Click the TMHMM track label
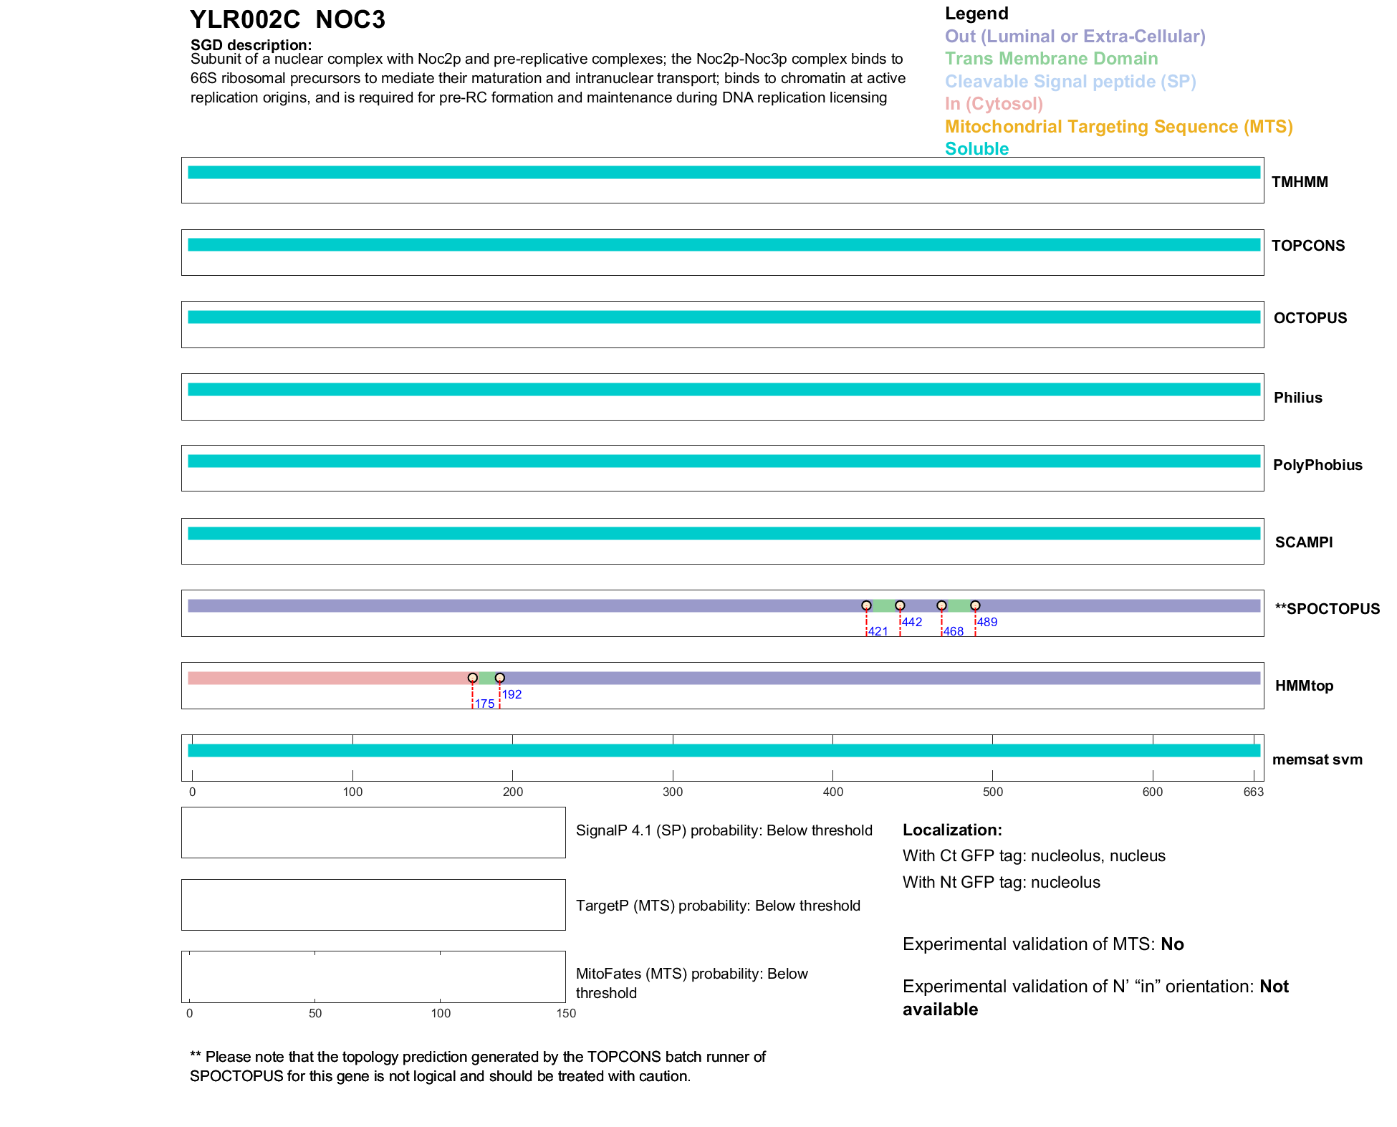[1299, 182]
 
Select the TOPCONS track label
[1307, 246]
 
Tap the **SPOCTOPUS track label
[1327, 609]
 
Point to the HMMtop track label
[1304, 686]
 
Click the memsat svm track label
[1317, 759]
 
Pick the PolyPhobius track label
[1317, 465]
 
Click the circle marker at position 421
[866, 605]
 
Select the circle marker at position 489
[975, 605]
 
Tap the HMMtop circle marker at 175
[472, 678]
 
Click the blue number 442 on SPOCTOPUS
[911, 622]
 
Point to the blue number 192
[512, 694]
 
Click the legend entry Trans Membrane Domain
[1051, 59]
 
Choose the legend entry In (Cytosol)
[994, 104]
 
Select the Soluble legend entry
[976, 149]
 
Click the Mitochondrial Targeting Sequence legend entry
[1118, 127]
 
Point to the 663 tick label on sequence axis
[1253, 792]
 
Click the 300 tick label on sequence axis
[673, 792]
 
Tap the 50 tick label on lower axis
[315, 1013]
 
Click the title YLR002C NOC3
[287, 20]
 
